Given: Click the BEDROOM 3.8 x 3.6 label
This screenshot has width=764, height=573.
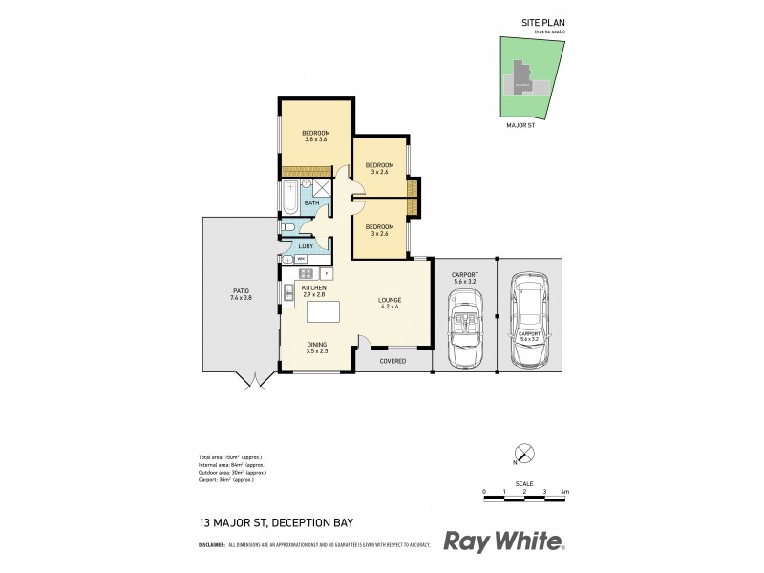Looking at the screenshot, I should [x=315, y=136].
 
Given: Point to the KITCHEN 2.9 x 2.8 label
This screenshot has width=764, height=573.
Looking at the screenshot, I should [x=314, y=291].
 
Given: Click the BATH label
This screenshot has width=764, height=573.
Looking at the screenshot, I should [x=311, y=203].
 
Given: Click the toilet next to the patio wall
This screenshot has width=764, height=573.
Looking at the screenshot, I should [x=288, y=227].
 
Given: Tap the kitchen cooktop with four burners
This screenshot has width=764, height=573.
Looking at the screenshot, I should [x=307, y=274].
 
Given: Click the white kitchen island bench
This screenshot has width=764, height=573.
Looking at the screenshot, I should [x=324, y=312].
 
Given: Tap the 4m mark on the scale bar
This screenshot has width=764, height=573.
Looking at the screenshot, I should [x=565, y=491].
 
